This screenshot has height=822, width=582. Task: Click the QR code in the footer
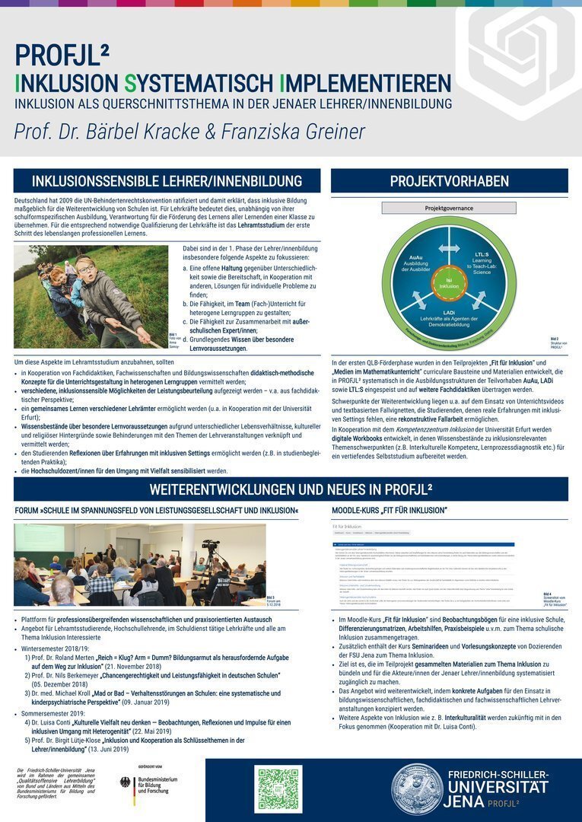pyautogui.click(x=279, y=789)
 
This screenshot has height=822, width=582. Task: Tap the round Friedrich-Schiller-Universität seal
pyautogui.click(x=417, y=789)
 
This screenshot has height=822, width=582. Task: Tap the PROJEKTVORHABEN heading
pyautogui.click(x=449, y=181)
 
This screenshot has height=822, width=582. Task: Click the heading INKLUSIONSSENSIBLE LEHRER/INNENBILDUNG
pyautogui.click(x=167, y=181)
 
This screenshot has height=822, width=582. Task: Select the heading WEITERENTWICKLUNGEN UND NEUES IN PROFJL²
pyautogui.click(x=291, y=489)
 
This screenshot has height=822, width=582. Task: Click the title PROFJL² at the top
pyautogui.click(x=62, y=56)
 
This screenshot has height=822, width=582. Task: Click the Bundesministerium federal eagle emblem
pyautogui.click(x=126, y=782)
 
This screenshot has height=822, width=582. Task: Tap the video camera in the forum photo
pyautogui.click(x=211, y=548)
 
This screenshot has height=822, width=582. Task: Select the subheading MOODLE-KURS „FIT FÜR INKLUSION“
pyautogui.click(x=390, y=509)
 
